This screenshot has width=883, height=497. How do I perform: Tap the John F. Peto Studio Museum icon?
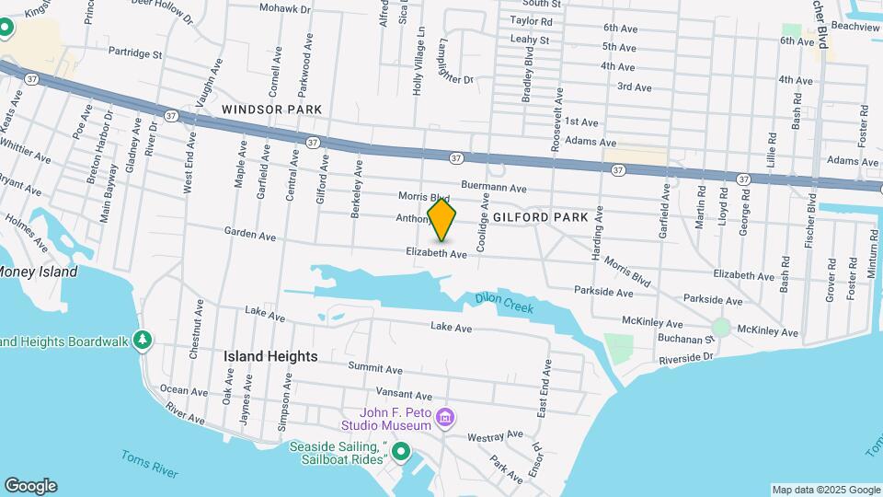click(446, 419)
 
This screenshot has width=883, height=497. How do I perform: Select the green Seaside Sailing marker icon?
click(401, 451)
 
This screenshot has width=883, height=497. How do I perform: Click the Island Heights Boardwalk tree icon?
click(142, 341)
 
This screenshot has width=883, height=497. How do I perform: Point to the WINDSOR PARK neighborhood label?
click(271, 110)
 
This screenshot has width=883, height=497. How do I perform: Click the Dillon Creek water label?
click(504, 303)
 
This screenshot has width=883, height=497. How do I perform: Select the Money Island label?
click(37, 272)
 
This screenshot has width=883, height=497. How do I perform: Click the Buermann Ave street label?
click(493, 186)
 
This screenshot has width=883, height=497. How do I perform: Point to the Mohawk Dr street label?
click(286, 7)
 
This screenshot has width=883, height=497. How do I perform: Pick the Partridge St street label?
click(134, 53)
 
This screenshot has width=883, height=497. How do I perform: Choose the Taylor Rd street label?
click(531, 20)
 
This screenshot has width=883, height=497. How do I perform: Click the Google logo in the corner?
click(30, 486)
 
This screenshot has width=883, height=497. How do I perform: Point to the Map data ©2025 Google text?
click(825, 490)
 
